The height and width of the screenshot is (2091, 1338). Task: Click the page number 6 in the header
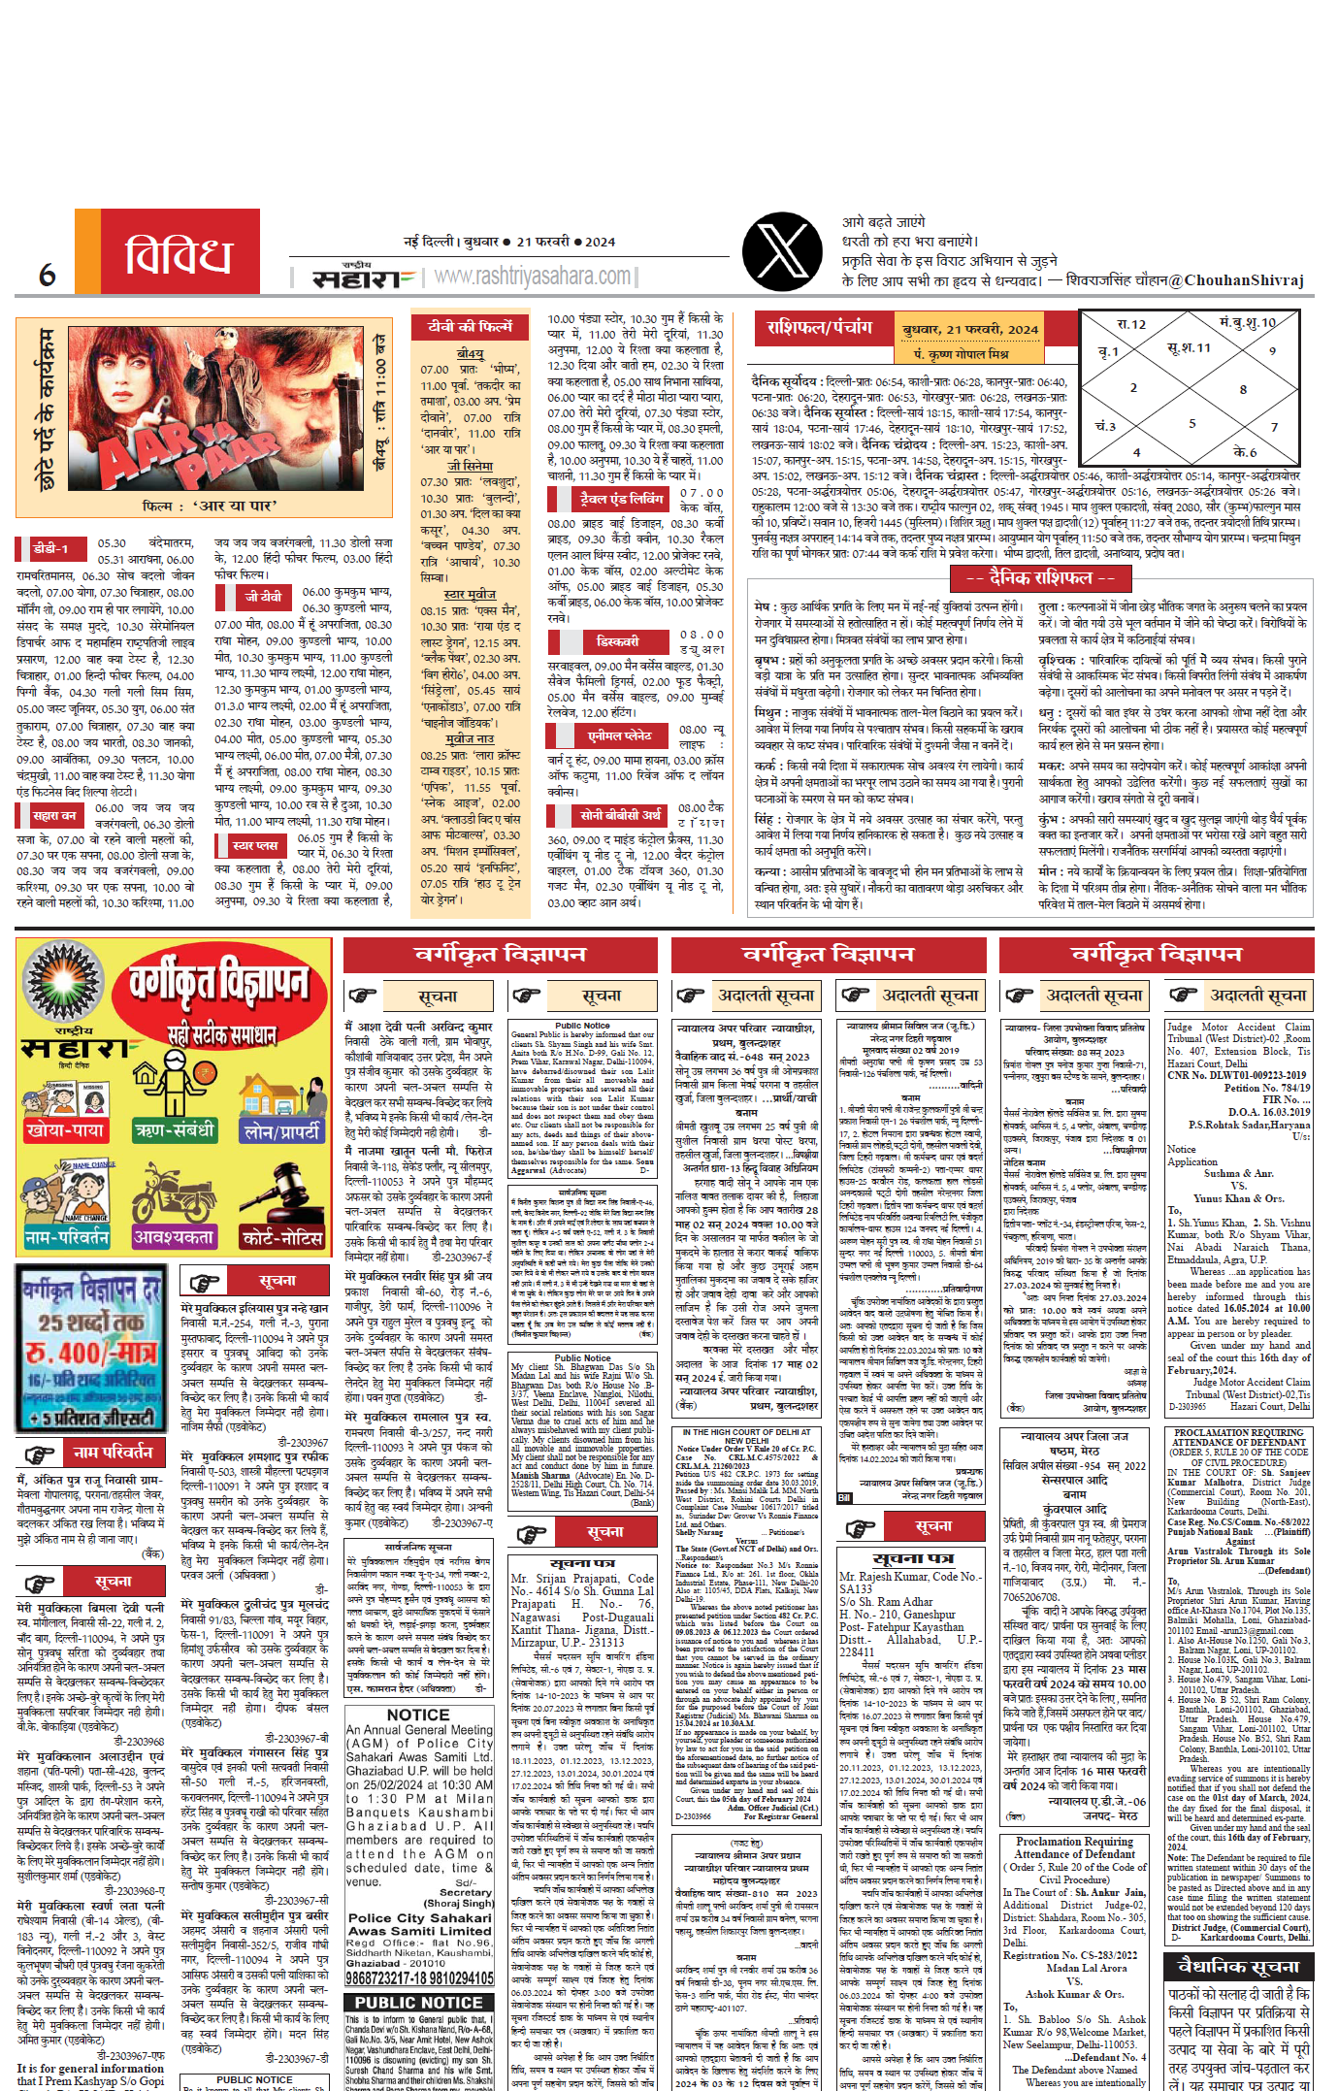click(47, 276)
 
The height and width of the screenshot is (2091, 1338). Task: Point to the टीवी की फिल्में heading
click(471, 327)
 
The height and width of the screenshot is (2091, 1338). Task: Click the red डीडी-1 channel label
click(51, 548)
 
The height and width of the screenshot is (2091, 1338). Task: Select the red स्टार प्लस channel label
click(255, 845)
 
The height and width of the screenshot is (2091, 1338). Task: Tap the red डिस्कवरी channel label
click(617, 641)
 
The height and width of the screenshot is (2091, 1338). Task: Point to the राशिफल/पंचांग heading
click(820, 328)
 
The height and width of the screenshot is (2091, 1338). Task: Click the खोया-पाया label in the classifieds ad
click(65, 1130)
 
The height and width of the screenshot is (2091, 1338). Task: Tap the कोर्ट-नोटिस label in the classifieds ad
click(282, 1238)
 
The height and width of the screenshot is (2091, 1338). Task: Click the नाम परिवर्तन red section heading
click(113, 1452)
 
